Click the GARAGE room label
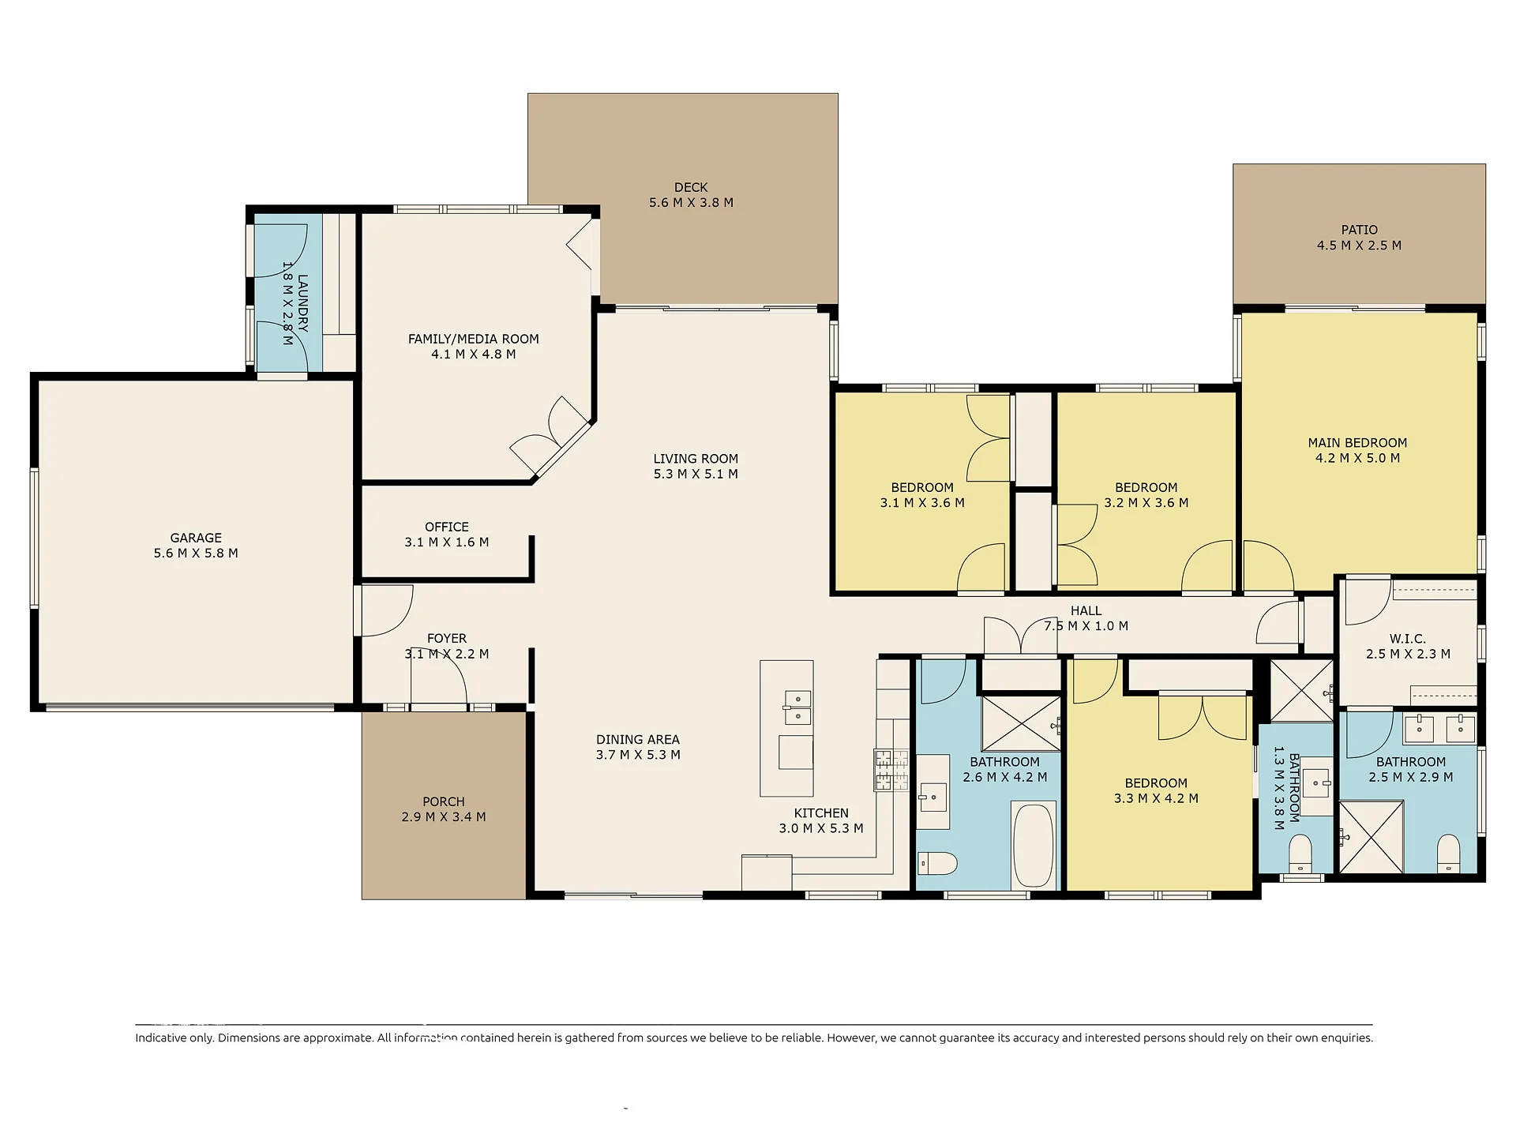pos(196,538)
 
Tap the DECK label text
pos(691,187)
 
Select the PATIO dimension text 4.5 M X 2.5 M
pos(1359,245)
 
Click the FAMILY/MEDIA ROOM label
pos(473,339)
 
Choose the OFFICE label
pos(447,527)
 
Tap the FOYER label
pos(447,638)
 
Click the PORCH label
pos(444,801)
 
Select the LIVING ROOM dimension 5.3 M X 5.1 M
pos(696,474)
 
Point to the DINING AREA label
pos(638,739)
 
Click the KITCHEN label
pos(821,812)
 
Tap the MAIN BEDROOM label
pos(1357,442)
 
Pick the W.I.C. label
pos(1408,638)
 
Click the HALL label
pos(1086,610)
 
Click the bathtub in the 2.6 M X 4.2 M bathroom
pos(1034,845)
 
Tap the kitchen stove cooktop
pos(891,770)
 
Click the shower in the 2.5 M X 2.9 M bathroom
pos(1372,837)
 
